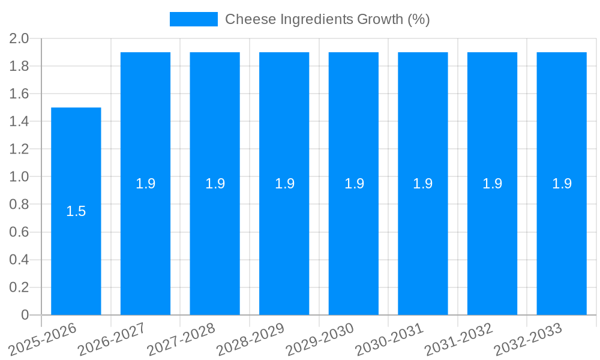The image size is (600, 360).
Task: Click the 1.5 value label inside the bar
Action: (x=76, y=211)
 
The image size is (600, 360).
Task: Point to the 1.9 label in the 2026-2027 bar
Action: (x=145, y=184)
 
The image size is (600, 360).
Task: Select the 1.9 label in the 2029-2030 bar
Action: (x=354, y=184)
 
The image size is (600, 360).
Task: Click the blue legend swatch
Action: (x=193, y=19)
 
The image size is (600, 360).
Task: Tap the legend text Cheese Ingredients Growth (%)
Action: (x=328, y=19)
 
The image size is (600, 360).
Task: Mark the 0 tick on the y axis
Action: (x=25, y=315)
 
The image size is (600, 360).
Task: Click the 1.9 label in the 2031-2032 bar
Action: (x=493, y=184)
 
